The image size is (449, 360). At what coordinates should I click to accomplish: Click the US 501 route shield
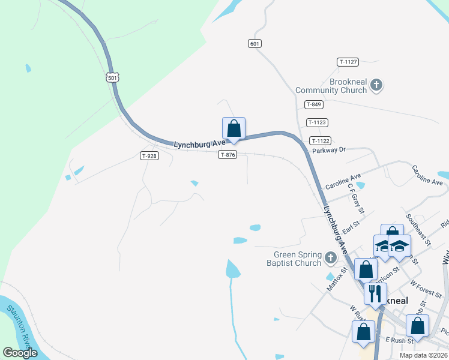tap(113, 78)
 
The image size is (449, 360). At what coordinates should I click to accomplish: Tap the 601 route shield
tap(255, 43)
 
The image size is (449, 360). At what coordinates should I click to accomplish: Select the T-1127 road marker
tap(348, 62)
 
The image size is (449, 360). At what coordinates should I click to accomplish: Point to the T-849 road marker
tap(314, 104)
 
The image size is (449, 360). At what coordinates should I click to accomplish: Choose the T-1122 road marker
tap(320, 140)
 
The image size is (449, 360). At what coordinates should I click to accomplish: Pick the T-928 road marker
tap(150, 155)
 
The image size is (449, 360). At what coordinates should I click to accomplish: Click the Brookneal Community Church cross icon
tap(376, 85)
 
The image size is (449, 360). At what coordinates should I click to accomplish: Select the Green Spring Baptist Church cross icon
tap(330, 259)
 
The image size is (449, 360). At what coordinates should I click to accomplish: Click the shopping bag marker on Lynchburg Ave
tap(234, 128)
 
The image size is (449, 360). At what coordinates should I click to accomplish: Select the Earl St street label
tap(351, 224)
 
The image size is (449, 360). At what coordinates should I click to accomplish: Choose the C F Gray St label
tap(355, 198)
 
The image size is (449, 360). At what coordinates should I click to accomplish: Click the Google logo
tap(20, 353)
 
